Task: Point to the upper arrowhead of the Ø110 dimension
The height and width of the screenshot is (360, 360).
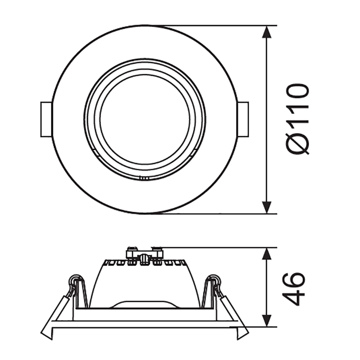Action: (x=266, y=32)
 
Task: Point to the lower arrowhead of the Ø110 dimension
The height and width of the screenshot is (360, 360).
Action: (x=266, y=207)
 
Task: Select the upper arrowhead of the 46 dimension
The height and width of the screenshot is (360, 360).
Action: (x=266, y=254)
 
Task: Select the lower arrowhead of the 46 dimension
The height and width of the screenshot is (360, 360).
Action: (x=266, y=320)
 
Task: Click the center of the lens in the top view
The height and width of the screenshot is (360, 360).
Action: (x=144, y=120)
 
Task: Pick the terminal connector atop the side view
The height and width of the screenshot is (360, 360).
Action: (x=144, y=254)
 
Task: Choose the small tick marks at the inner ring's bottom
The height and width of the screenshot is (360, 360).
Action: (x=144, y=177)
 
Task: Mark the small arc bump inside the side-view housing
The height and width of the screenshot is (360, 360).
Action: (x=144, y=303)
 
